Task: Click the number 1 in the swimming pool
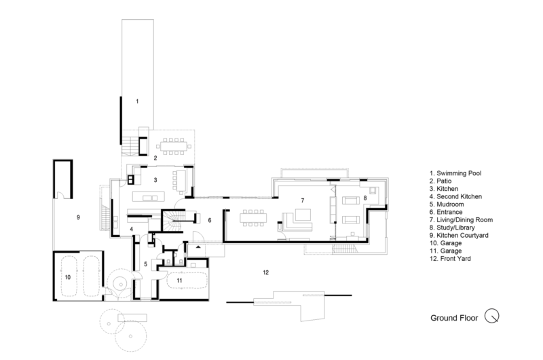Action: [136, 101]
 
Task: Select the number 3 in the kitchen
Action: [155, 180]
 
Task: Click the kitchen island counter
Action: [149, 198]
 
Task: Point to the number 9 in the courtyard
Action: [78, 217]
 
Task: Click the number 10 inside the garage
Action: [67, 277]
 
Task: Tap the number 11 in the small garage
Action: [179, 279]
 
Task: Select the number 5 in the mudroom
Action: [145, 264]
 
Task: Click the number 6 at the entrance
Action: [210, 220]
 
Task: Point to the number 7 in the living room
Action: [293, 201]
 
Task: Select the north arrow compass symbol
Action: [493, 316]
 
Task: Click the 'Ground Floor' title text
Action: [454, 317]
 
